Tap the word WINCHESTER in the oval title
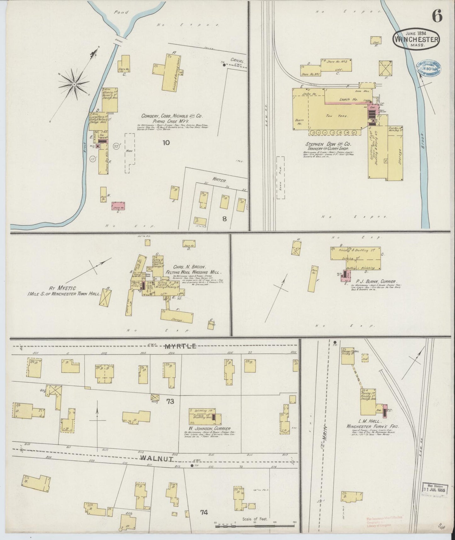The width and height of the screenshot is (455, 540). (417, 40)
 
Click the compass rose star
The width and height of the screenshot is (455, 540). (73, 84)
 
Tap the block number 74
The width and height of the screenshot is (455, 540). (204, 512)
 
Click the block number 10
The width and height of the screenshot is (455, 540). (166, 143)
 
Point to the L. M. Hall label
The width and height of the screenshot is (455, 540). (373, 421)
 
